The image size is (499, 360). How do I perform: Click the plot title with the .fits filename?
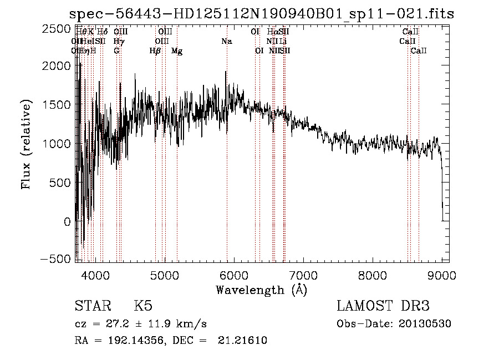coord(262,14)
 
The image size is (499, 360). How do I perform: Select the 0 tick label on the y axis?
coord(67,221)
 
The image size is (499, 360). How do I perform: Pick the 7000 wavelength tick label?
coord(303,273)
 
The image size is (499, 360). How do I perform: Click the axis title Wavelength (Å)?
coord(261,289)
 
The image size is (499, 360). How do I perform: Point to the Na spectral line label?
coord(226,41)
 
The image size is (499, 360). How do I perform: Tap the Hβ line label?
coord(155,50)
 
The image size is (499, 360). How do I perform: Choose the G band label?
coord(116,50)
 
